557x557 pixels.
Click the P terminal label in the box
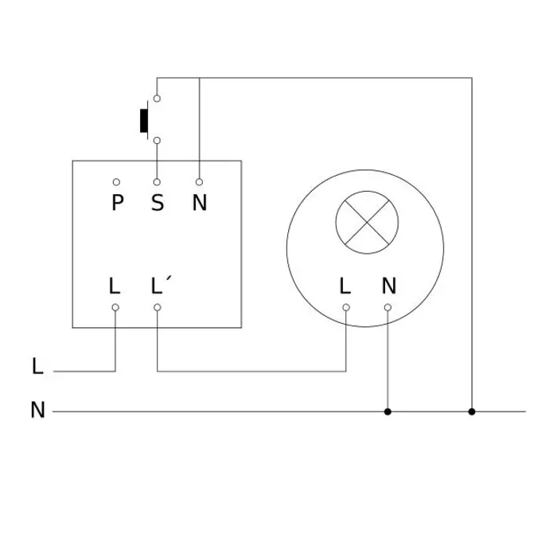point(117,203)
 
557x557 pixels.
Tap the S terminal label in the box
point(158,203)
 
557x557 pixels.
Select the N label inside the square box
point(199,203)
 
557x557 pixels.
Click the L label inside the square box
point(115,285)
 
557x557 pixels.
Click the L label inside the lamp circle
point(345,285)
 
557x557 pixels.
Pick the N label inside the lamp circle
point(388,285)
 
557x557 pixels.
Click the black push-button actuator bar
point(145,120)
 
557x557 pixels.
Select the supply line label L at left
point(37,367)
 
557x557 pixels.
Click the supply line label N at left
point(37,411)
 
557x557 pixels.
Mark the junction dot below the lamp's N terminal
point(388,411)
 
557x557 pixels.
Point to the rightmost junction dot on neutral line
point(472,411)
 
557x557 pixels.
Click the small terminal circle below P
point(117,182)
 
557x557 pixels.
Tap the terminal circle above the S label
point(158,182)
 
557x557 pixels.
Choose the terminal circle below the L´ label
point(158,307)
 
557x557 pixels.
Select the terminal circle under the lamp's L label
point(345,307)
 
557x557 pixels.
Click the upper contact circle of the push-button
point(158,99)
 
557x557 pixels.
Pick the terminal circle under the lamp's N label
point(388,307)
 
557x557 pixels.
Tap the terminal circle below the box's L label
point(115,307)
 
